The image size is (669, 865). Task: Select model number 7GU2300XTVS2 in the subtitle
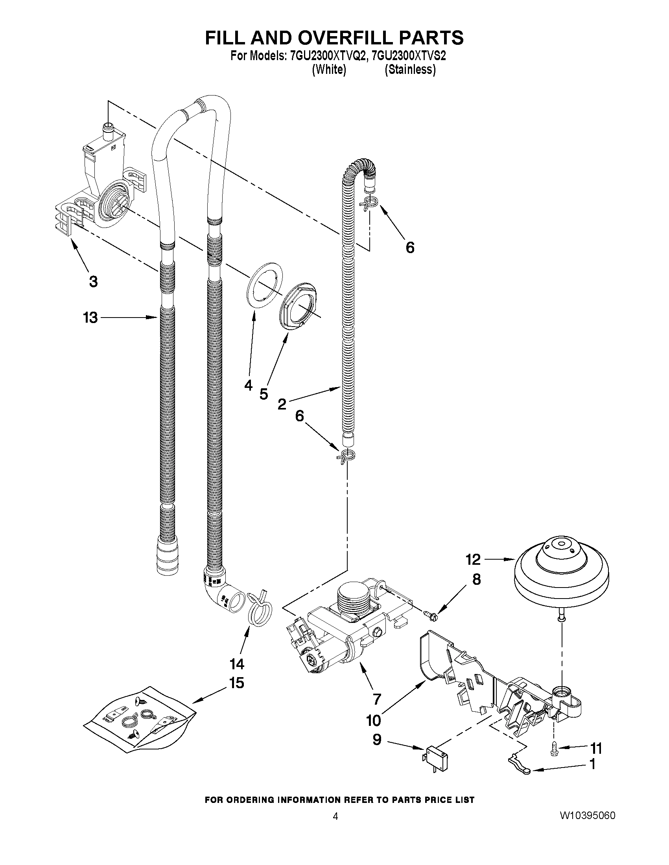[409, 56]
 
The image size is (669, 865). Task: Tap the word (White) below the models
[329, 70]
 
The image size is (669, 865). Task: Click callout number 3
[93, 282]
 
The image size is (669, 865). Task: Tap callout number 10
[373, 720]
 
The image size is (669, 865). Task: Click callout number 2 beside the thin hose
[282, 404]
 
